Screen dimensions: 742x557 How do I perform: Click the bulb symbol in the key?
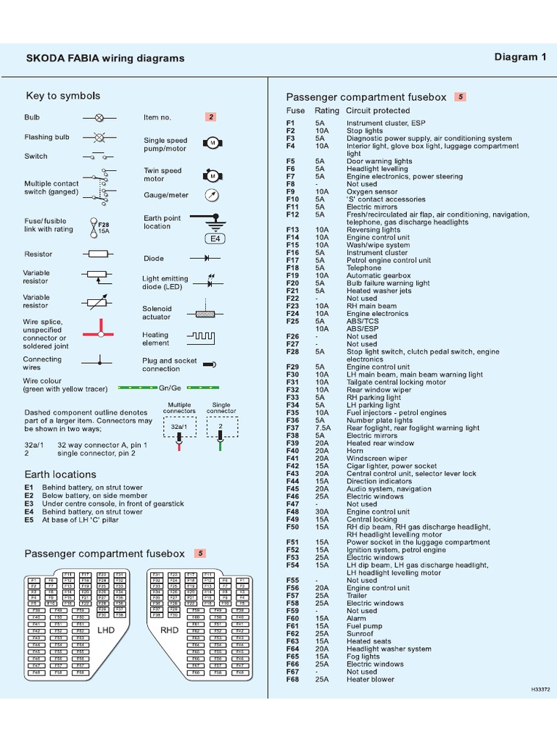coord(99,117)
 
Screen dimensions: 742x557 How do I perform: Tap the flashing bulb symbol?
coord(99,136)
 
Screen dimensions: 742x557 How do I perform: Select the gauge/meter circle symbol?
coord(211,195)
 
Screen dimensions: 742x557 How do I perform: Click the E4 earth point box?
coord(215,238)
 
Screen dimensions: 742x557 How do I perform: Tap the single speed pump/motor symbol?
coord(212,143)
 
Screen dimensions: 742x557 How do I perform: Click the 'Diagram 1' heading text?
coord(520,57)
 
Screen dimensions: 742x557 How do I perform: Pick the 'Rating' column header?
coord(326,111)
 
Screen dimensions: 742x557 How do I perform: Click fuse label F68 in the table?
coord(293,679)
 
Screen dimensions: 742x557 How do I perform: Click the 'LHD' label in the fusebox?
coord(106,630)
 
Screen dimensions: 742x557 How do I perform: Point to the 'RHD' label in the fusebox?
coord(169,630)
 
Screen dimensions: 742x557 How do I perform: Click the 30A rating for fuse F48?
coord(321,512)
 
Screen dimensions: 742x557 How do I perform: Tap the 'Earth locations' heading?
coord(60,475)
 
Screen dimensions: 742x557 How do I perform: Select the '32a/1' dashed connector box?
coord(178,428)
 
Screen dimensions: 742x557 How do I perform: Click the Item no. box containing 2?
coord(211,117)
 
